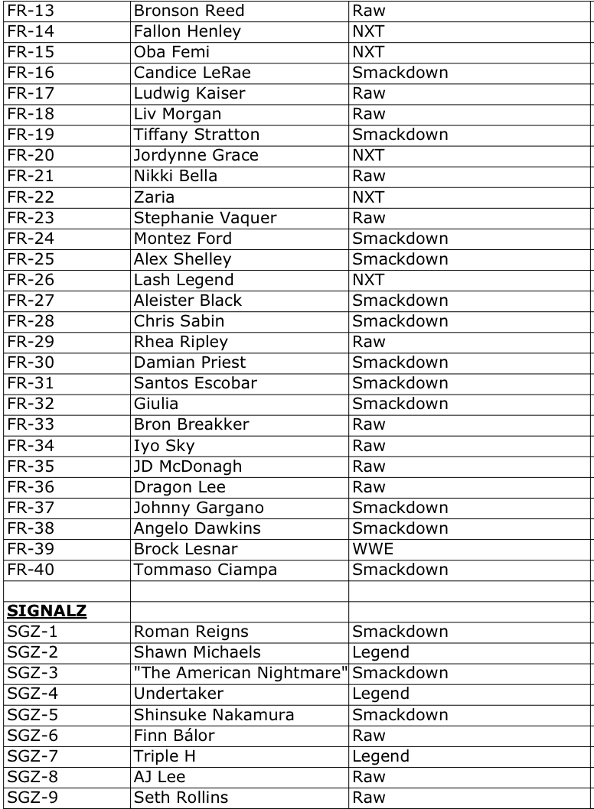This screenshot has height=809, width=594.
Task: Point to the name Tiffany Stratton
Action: coord(197,135)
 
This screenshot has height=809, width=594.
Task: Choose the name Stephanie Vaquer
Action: coord(205,218)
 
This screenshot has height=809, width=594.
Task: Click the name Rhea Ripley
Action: coord(181,342)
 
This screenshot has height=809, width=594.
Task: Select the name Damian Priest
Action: coord(190,362)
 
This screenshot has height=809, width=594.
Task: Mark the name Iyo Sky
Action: coord(164,445)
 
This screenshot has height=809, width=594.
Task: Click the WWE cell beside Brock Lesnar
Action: coord(370,548)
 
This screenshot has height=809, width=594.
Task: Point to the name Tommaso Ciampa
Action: coord(205,569)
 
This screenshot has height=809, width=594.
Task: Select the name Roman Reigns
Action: coord(191,632)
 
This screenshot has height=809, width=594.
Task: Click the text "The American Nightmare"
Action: coord(240,673)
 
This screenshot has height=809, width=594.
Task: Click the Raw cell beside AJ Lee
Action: coord(368,776)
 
